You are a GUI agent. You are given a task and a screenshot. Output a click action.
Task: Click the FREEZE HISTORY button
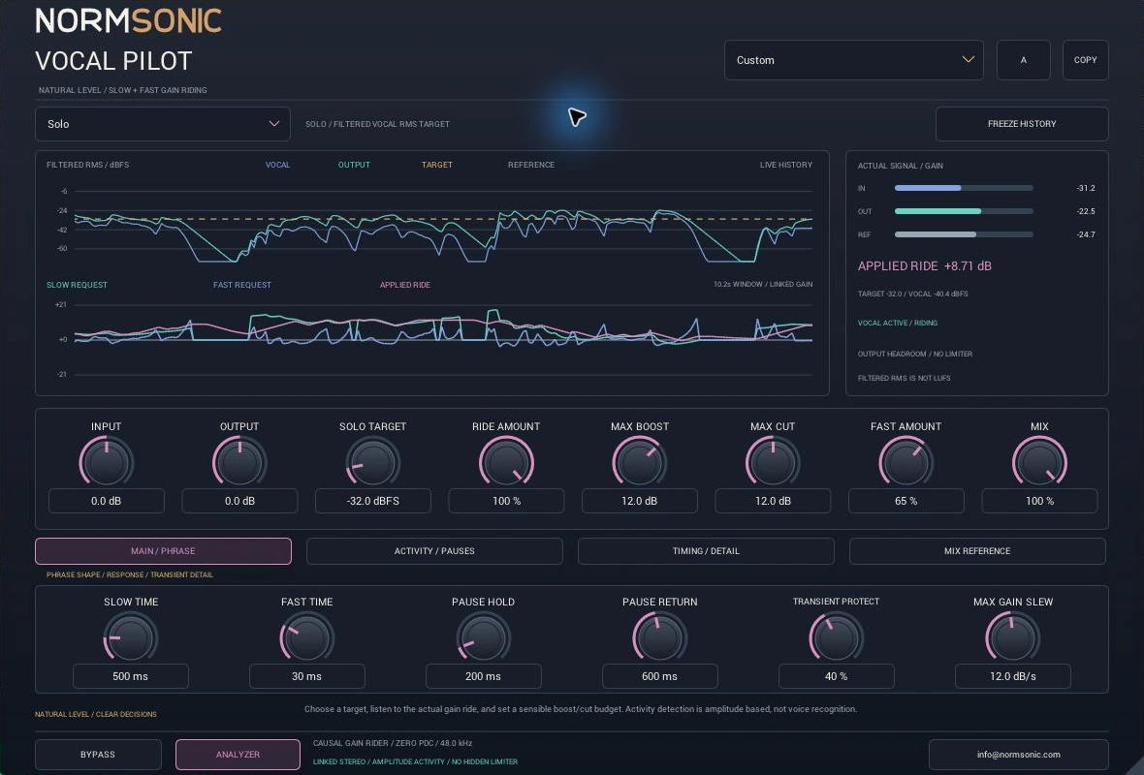(1022, 124)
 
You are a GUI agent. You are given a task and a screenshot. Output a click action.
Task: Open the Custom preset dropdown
(853, 60)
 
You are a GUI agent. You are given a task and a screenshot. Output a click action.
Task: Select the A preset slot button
(1024, 60)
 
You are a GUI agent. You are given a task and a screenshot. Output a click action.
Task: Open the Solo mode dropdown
(163, 124)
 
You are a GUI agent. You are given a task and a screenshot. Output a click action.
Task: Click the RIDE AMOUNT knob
(506, 462)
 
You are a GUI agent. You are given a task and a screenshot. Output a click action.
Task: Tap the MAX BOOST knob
(640, 462)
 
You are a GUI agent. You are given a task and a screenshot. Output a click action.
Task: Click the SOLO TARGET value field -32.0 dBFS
(373, 501)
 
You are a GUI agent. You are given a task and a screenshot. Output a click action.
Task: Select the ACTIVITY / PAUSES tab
(434, 551)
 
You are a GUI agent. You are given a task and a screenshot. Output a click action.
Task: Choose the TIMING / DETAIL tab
(706, 551)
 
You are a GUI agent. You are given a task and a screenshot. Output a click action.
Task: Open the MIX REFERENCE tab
(977, 551)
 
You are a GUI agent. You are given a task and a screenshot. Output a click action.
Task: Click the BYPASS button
(98, 755)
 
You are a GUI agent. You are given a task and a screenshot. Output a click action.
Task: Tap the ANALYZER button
(238, 755)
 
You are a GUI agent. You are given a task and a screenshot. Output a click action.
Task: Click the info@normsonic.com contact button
(1019, 755)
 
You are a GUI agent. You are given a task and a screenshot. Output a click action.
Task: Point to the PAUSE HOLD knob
(483, 638)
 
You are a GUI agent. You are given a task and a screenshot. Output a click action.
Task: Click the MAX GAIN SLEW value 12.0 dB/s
(1013, 676)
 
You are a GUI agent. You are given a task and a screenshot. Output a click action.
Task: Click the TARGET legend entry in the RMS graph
(437, 165)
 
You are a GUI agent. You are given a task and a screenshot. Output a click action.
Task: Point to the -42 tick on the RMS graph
(62, 230)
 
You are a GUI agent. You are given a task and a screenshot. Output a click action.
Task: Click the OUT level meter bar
(964, 211)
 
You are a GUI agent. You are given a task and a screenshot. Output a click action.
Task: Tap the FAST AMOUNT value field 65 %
(906, 501)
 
